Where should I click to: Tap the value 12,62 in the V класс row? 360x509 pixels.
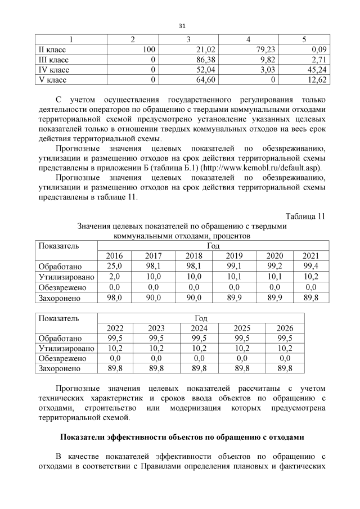point(316,79)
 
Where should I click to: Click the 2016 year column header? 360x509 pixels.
point(115,256)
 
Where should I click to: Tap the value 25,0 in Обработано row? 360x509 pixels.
point(115,267)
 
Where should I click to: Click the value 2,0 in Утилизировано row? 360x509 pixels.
point(115,277)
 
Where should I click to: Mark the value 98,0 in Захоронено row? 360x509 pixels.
point(115,298)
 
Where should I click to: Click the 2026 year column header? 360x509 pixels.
point(285,328)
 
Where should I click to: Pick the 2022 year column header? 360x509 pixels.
point(115,328)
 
